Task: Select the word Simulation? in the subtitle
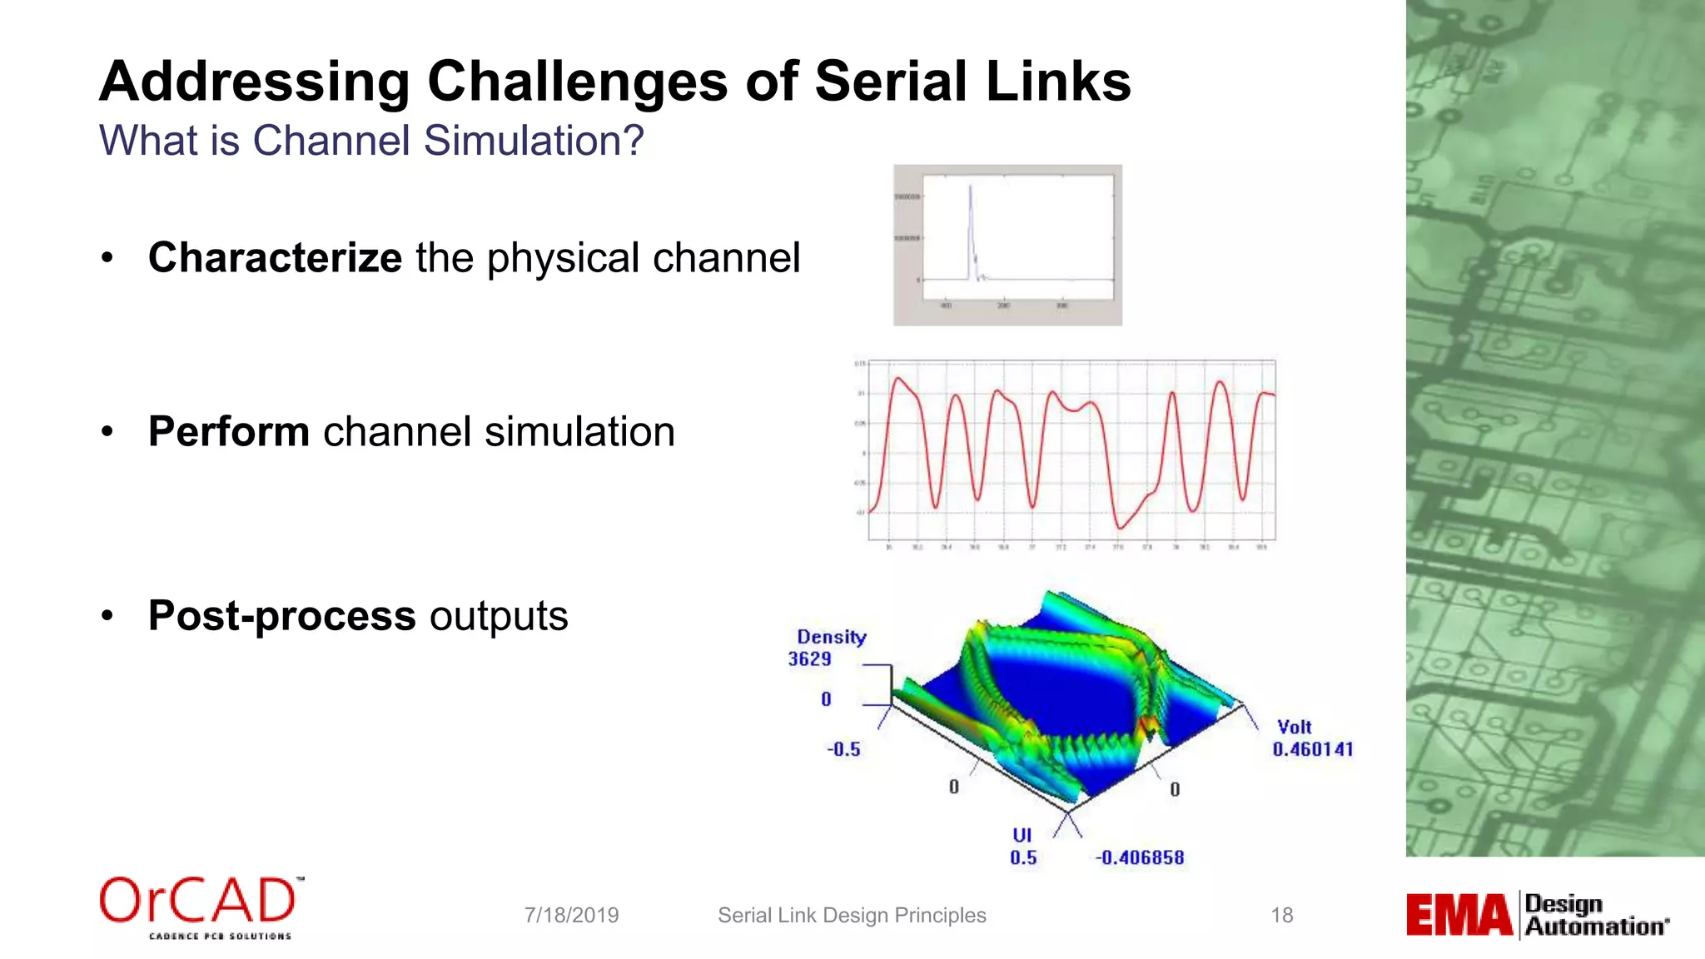tap(534, 140)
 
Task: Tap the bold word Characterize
tap(275, 257)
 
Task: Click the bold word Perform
tap(228, 431)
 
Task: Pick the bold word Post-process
tap(281, 616)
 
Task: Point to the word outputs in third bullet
tap(499, 616)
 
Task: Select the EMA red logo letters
tap(1459, 915)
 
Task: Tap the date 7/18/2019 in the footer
tap(571, 915)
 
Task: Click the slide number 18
tap(1281, 915)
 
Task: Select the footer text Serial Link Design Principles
tap(852, 915)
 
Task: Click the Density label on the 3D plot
tap(831, 637)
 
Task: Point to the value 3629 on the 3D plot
tap(809, 659)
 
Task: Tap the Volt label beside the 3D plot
tap(1294, 727)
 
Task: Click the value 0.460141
tap(1312, 749)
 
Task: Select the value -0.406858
tap(1139, 857)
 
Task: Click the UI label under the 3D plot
tap(1022, 835)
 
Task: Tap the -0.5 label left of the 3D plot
tap(843, 749)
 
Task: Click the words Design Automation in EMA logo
tap(1594, 915)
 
